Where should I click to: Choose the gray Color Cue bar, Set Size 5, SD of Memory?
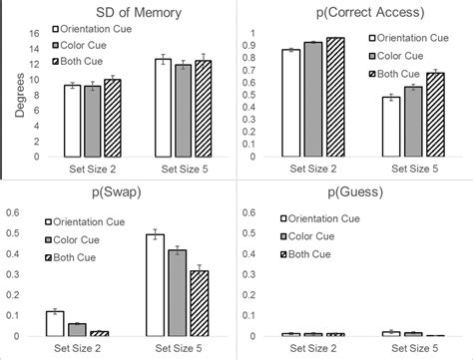pyautogui.click(x=183, y=111)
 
